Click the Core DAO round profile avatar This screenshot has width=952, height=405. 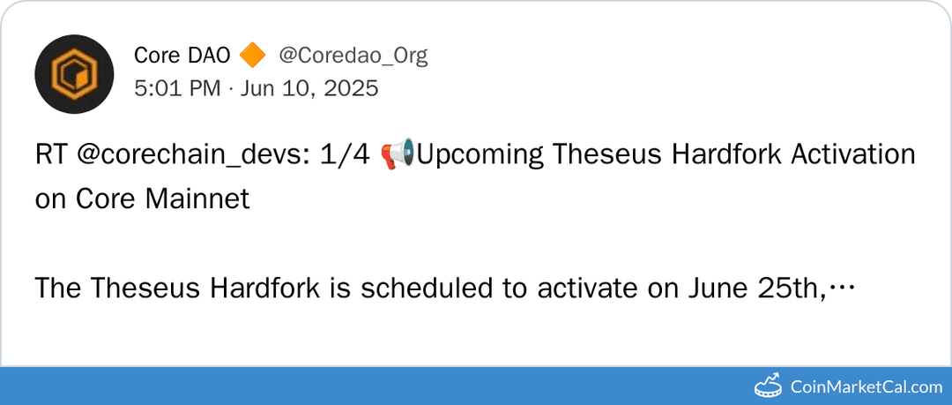click(x=74, y=74)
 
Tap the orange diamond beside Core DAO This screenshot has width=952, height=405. click(x=251, y=56)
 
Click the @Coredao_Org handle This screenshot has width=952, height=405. click(x=353, y=56)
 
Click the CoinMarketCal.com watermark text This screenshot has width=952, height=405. click(x=866, y=386)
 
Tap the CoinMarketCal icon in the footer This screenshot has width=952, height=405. click(x=769, y=386)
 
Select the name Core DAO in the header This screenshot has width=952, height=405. click(x=182, y=56)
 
